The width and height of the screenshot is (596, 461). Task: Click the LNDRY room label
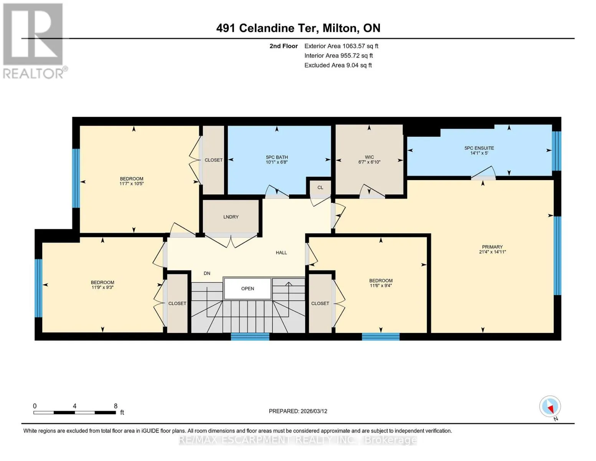231,217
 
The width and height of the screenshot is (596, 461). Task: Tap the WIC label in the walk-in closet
369,157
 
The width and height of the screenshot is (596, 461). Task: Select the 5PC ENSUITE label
479,148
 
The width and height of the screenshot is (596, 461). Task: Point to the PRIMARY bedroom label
492,247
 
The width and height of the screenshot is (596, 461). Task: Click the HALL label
281,253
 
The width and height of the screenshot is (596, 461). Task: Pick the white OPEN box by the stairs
248,289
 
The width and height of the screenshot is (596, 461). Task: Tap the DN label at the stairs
207,273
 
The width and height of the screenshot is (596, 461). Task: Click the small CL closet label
320,187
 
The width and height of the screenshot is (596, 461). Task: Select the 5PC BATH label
277,158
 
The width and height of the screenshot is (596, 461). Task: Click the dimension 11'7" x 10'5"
132,183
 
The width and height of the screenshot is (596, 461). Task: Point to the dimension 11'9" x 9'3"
102,287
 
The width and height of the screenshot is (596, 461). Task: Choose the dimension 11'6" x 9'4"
381,285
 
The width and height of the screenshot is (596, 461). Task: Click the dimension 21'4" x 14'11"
492,252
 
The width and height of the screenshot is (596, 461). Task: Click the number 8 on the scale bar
116,406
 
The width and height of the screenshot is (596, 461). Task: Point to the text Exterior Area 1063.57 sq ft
341,46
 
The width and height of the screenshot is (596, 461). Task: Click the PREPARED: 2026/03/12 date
298,411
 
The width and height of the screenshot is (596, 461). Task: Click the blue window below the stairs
250,337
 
